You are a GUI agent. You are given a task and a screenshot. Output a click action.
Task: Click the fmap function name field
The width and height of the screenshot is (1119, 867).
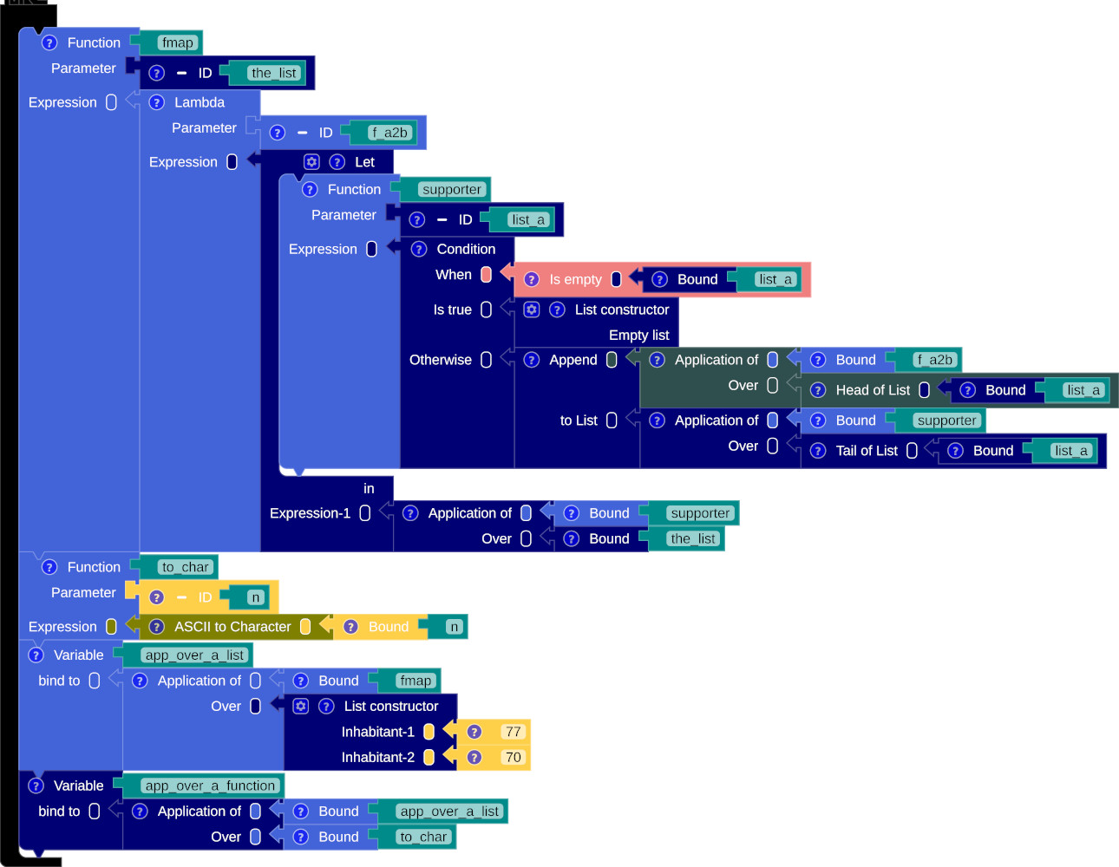[x=178, y=42]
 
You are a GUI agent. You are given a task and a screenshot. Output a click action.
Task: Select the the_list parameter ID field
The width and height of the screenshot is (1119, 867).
[x=274, y=73]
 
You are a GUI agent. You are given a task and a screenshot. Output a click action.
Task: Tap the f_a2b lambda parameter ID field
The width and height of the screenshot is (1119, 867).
[x=389, y=133]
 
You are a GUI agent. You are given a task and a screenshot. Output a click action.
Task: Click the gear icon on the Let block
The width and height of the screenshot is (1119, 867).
[x=311, y=162]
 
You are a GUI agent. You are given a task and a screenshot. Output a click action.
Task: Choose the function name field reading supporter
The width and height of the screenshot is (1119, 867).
[x=451, y=189]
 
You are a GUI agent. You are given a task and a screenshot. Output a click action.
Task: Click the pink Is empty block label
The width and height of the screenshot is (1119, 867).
[x=575, y=279]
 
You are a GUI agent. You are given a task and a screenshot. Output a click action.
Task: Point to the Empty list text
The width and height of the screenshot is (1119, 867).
[x=638, y=335]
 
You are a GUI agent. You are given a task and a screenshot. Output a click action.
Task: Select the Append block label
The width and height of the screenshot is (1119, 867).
[x=573, y=360]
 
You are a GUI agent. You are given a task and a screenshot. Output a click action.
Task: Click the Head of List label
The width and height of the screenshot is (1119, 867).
[x=873, y=390]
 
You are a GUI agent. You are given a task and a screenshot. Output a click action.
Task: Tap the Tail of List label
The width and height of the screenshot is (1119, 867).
[x=867, y=451]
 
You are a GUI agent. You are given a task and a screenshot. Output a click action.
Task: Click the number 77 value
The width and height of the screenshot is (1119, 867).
[x=513, y=732]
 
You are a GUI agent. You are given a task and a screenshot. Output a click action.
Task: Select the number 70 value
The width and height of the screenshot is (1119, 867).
[x=513, y=757]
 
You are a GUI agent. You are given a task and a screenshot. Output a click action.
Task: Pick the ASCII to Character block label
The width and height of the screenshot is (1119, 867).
[x=232, y=627]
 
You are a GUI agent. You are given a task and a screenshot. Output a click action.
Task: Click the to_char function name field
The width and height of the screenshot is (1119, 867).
[x=185, y=567]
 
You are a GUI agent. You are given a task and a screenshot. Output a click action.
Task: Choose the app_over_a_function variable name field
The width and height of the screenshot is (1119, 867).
[x=210, y=786]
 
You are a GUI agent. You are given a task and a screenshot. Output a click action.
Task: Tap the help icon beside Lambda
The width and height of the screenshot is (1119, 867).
[x=157, y=102]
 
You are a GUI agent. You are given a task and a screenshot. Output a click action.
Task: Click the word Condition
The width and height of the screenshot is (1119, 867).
[x=466, y=249]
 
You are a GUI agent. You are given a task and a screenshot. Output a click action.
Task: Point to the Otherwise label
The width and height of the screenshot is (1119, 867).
[x=441, y=360]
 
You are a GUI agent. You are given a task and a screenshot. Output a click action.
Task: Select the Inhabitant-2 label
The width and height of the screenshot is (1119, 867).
[x=378, y=757]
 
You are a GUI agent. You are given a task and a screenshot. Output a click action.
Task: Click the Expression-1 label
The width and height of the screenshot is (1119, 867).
[x=310, y=513]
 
